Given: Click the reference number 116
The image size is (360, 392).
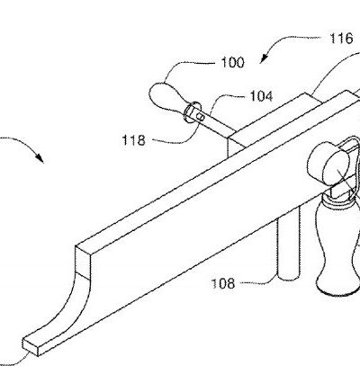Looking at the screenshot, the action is coord(341,39).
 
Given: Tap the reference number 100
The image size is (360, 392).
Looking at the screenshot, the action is coord(233,62).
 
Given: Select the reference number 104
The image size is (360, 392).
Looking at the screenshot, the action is coord(261,96).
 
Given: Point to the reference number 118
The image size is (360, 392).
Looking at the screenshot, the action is coord(133,140).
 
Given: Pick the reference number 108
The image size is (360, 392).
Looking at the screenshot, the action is coord(223,283).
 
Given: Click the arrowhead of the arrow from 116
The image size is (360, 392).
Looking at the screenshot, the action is coord(263,59).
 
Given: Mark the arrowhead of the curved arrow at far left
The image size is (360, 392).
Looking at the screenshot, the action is coord(40,158).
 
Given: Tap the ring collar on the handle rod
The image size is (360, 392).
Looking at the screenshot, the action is coord(191,111).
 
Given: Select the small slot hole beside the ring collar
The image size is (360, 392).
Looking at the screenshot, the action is coord(202,118).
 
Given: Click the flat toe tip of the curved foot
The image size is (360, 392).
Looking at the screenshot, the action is coord(31,346).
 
